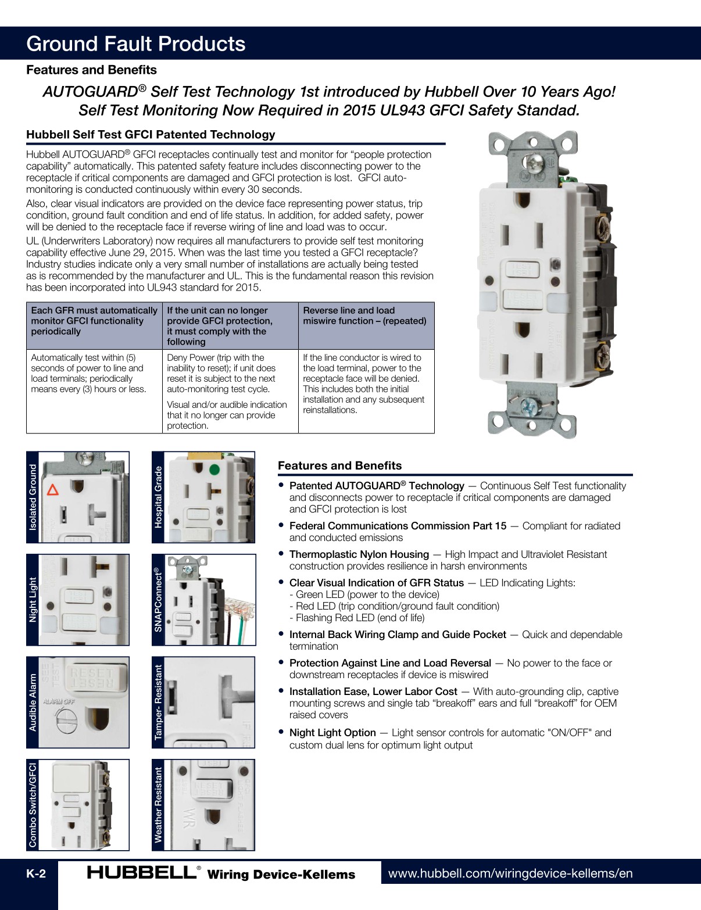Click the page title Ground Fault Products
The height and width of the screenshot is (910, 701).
coord(136,44)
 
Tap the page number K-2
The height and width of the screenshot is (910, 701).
coord(35,874)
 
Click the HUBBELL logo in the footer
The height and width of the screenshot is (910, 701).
coord(142,872)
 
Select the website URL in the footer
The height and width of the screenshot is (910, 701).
coord(510,873)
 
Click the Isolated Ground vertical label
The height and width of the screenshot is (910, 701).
coord(33,497)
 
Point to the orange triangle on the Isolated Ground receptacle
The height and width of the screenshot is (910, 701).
coord(53,489)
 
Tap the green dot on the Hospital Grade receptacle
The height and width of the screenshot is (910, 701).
coord(214,470)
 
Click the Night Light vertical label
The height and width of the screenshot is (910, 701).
coord(33,599)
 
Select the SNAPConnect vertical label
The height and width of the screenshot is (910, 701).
coord(158,599)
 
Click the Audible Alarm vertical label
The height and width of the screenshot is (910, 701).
coord(33,702)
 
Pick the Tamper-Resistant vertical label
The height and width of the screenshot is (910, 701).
coord(158,702)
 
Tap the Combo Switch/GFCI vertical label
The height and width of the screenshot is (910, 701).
coord(33,805)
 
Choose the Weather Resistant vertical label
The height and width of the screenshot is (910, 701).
coord(158,805)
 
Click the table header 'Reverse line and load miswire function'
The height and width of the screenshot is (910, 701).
coord(364,316)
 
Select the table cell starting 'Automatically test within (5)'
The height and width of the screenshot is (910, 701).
coord(88,373)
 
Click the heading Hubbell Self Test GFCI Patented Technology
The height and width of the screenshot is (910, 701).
coord(151,134)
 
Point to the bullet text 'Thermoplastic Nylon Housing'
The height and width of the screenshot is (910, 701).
coord(359,554)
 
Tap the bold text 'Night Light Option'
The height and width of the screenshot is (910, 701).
coord(332,733)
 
